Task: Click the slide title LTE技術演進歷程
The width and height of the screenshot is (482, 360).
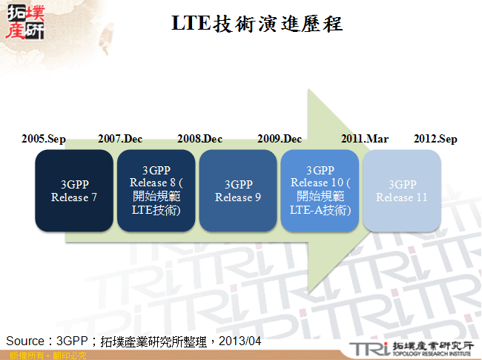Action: pos(257,24)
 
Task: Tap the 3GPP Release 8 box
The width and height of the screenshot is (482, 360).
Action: pos(156,190)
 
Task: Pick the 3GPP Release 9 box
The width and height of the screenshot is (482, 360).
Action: pos(238,190)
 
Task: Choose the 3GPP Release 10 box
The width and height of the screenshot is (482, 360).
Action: pos(320,190)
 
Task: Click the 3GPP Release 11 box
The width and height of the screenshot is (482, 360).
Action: pos(401,190)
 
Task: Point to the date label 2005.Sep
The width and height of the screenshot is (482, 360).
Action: pos(43,139)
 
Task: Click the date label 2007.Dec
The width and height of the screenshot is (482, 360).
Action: pos(120,139)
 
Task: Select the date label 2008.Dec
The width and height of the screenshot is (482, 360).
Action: pos(199,139)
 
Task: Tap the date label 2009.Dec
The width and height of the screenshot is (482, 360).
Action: pos(280,139)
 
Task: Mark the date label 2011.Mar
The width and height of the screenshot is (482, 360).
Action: pos(364,139)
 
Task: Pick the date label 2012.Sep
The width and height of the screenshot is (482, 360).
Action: pos(435,139)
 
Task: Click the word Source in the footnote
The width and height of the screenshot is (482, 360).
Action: pos(25,340)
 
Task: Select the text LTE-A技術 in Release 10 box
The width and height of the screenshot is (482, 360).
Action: pos(320,210)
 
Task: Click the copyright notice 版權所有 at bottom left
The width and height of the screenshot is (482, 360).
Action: pos(24,356)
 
